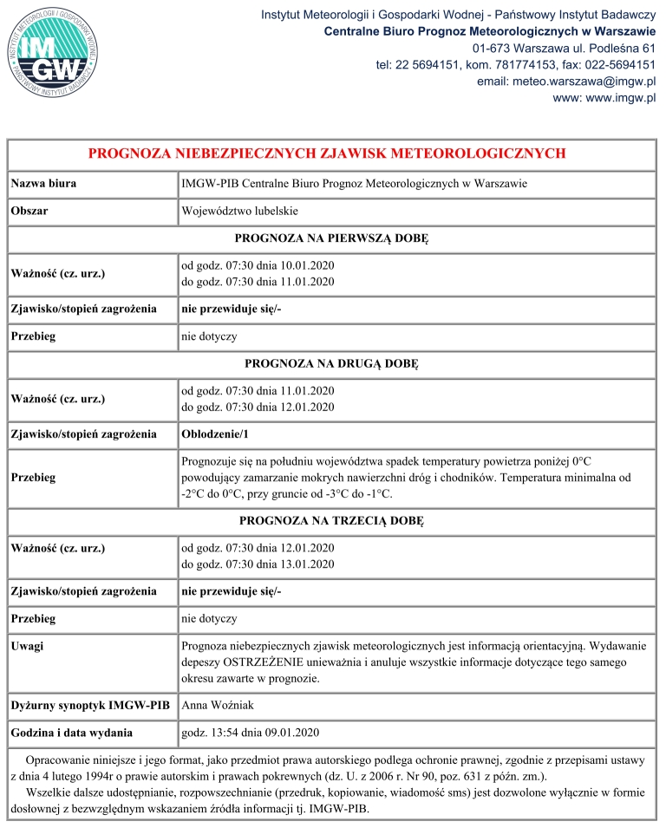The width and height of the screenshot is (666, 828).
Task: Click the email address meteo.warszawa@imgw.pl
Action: point(565,81)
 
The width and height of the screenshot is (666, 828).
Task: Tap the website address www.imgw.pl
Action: point(604,97)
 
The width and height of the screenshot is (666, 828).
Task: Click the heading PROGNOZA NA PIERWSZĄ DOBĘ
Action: point(332,238)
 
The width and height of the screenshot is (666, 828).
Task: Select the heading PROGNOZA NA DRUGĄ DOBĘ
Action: point(332,362)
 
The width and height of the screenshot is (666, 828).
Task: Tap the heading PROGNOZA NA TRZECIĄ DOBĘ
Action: point(332,521)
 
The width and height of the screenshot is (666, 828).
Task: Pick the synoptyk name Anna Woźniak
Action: point(218,705)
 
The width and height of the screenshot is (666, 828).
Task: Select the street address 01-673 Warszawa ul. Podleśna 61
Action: point(565,48)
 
